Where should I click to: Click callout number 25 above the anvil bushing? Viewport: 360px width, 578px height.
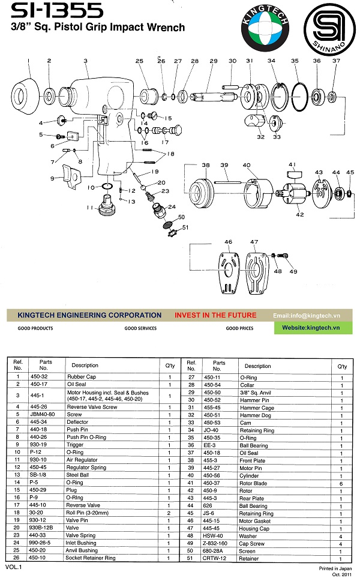[139, 61]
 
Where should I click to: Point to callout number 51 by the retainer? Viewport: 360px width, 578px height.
[185, 227]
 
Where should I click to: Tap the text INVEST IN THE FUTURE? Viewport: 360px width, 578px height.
[215, 315]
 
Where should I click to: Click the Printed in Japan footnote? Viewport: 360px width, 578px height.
[335, 567]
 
